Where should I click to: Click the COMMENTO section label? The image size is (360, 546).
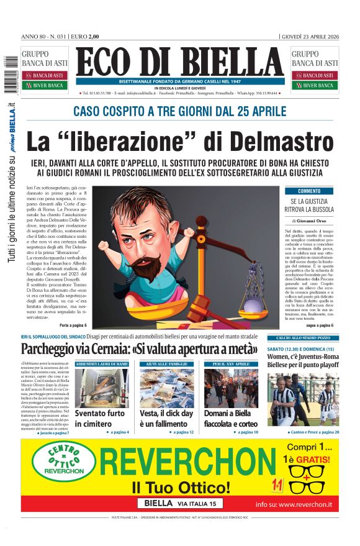click(x=310, y=191)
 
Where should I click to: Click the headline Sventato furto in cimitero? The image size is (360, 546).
click(x=100, y=417)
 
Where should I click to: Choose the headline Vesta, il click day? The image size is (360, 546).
click(x=166, y=417)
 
